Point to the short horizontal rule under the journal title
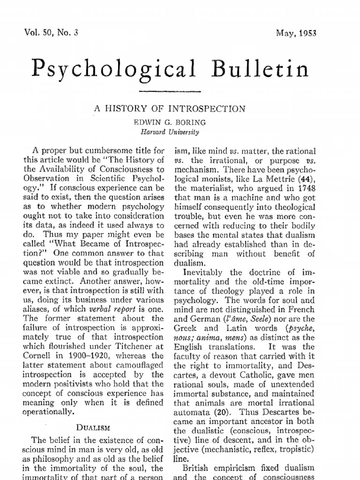[x=170, y=91]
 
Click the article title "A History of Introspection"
[x=171, y=109]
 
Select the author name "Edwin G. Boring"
[x=170, y=123]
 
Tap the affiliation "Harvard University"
[x=170, y=132]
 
